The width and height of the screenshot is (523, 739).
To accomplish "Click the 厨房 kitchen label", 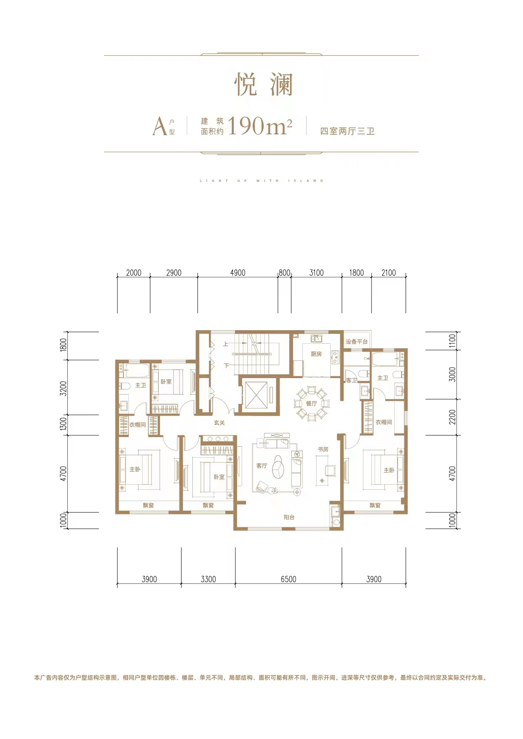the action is click(x=316, y=354).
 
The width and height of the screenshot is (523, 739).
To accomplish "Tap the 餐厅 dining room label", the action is click(x=312, y=403).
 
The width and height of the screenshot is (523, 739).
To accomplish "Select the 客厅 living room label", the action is click(x=261, y=466).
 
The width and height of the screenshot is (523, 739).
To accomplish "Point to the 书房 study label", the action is click(x=323, y=449).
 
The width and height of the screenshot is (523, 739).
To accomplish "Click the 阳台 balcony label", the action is click(x=289, y=517).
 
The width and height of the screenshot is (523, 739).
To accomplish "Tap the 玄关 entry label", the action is click(x=219, y=423).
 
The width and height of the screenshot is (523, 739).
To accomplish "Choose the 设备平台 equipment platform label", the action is click(x=357, y=341).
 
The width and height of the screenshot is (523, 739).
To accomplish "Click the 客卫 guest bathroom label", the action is click(x=352, y=380).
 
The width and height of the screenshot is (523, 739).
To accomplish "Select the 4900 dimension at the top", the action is click(x=237, y=273).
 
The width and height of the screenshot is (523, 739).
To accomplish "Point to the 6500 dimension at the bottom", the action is click(x=288, y=579).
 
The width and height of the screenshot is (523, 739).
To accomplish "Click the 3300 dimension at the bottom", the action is click(x=208, y=579).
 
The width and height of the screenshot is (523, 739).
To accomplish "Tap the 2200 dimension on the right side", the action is click(x=452, y=417).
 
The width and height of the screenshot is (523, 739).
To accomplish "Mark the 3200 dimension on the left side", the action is click(x=63, y=388).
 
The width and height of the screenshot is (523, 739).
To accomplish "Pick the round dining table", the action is click(x=312, y=404).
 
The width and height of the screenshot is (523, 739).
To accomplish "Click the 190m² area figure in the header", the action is click(x=260, y=125).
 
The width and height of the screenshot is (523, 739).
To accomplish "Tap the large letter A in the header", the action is click(x=160, y=126).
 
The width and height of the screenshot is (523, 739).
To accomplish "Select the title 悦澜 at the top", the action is click(x=263, y=84).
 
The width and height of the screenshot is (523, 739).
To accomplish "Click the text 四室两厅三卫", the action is click(x=347, y=131).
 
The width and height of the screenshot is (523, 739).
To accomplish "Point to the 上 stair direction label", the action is click(x=226, y=344).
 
